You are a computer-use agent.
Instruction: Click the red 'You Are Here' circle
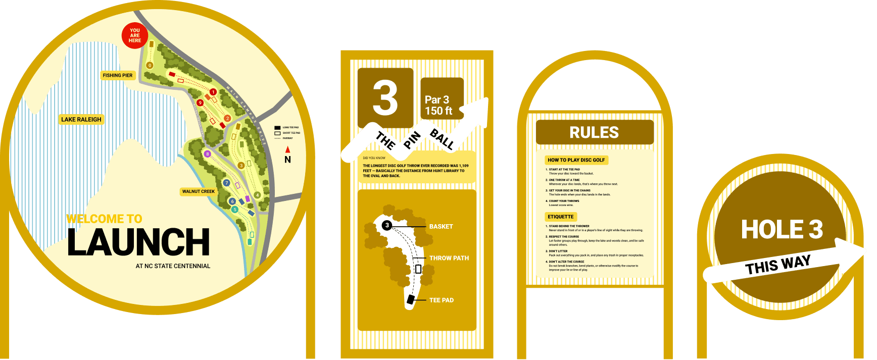point(135,35)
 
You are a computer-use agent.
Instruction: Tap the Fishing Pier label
point(118,75)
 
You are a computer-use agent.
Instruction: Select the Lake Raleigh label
point(81,120)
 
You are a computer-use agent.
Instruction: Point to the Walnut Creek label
point(199,191)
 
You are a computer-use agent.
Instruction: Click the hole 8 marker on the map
point(207,154)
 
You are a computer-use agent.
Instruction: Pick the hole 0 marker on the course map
point(150,66)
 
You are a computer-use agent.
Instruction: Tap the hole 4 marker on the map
point(257,195)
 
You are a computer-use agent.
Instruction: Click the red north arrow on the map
point(287,149)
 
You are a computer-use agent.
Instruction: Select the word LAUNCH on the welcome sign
point(138,242)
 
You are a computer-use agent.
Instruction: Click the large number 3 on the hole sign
point(385,98)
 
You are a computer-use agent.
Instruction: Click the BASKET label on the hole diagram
point(441,227)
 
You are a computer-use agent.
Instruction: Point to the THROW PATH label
point(449,258)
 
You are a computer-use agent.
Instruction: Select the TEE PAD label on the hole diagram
point(442,300)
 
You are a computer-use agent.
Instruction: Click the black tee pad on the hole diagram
point(411,299)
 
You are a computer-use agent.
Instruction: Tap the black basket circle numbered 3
point(387,225)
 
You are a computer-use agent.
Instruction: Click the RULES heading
point(594,132)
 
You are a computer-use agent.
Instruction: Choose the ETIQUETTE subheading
point(561,217)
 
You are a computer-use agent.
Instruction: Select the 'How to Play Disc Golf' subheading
point(576,160)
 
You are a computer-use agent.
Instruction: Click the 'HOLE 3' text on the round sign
point(782,230)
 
